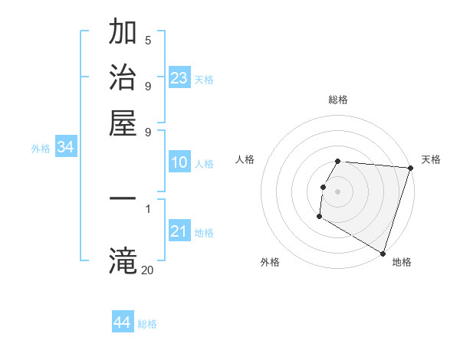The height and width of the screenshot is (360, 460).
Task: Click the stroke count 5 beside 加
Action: (148, 40)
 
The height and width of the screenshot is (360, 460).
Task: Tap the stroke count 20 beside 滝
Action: (147, 269)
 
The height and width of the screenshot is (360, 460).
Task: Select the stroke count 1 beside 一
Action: (148, 208)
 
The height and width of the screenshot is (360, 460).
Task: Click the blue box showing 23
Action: (179, 77)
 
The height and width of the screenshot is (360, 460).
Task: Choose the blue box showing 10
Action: (179, 162)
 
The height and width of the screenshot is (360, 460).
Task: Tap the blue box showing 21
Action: (179, 231)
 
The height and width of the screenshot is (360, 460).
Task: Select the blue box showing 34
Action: (66, 148)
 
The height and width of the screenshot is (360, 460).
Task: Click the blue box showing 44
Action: (123, 322)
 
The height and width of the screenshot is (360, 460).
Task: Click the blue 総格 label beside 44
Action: (147, 324)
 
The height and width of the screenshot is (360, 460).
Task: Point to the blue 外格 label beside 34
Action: (41, 149)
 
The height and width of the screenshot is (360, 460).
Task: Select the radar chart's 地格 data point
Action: (382, 253)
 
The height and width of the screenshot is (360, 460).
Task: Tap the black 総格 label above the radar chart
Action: (338, 100)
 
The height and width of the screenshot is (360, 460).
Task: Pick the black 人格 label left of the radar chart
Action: (245, 159)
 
